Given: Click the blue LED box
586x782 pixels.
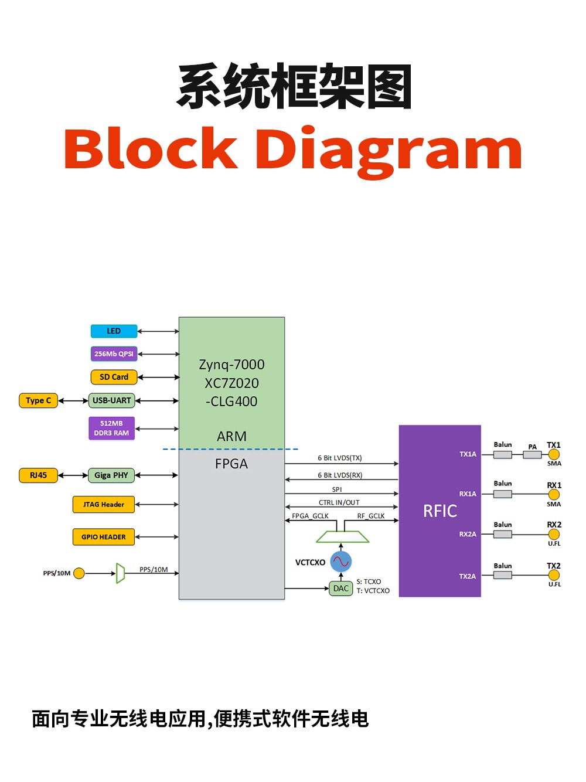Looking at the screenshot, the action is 114,331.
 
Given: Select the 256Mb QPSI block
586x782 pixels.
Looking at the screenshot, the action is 114,353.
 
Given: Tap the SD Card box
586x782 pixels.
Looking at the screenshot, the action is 114,377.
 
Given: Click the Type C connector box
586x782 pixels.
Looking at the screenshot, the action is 39,400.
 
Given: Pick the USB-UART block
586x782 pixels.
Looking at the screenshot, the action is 111,400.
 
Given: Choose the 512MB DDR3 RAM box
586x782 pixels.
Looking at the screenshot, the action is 111,429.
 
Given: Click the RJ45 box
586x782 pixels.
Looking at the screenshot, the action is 39,475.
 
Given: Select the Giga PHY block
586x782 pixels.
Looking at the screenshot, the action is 111,475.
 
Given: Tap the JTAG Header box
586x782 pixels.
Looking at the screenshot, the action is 104,505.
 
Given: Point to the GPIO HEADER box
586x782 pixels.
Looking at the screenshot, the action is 104,537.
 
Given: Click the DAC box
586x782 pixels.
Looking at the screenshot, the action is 340,588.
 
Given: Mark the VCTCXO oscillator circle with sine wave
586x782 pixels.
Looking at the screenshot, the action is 340,562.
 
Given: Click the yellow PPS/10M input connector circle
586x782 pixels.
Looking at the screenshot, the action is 79,573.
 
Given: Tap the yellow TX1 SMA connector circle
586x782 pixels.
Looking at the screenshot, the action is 554,454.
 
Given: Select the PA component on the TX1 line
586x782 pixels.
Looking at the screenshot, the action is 532,454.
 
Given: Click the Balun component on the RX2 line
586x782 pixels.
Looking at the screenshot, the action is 503,534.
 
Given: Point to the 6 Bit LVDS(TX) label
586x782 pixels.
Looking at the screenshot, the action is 340,458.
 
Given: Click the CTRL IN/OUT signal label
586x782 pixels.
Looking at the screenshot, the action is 339,502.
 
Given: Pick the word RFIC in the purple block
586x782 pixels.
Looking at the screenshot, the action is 440,511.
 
